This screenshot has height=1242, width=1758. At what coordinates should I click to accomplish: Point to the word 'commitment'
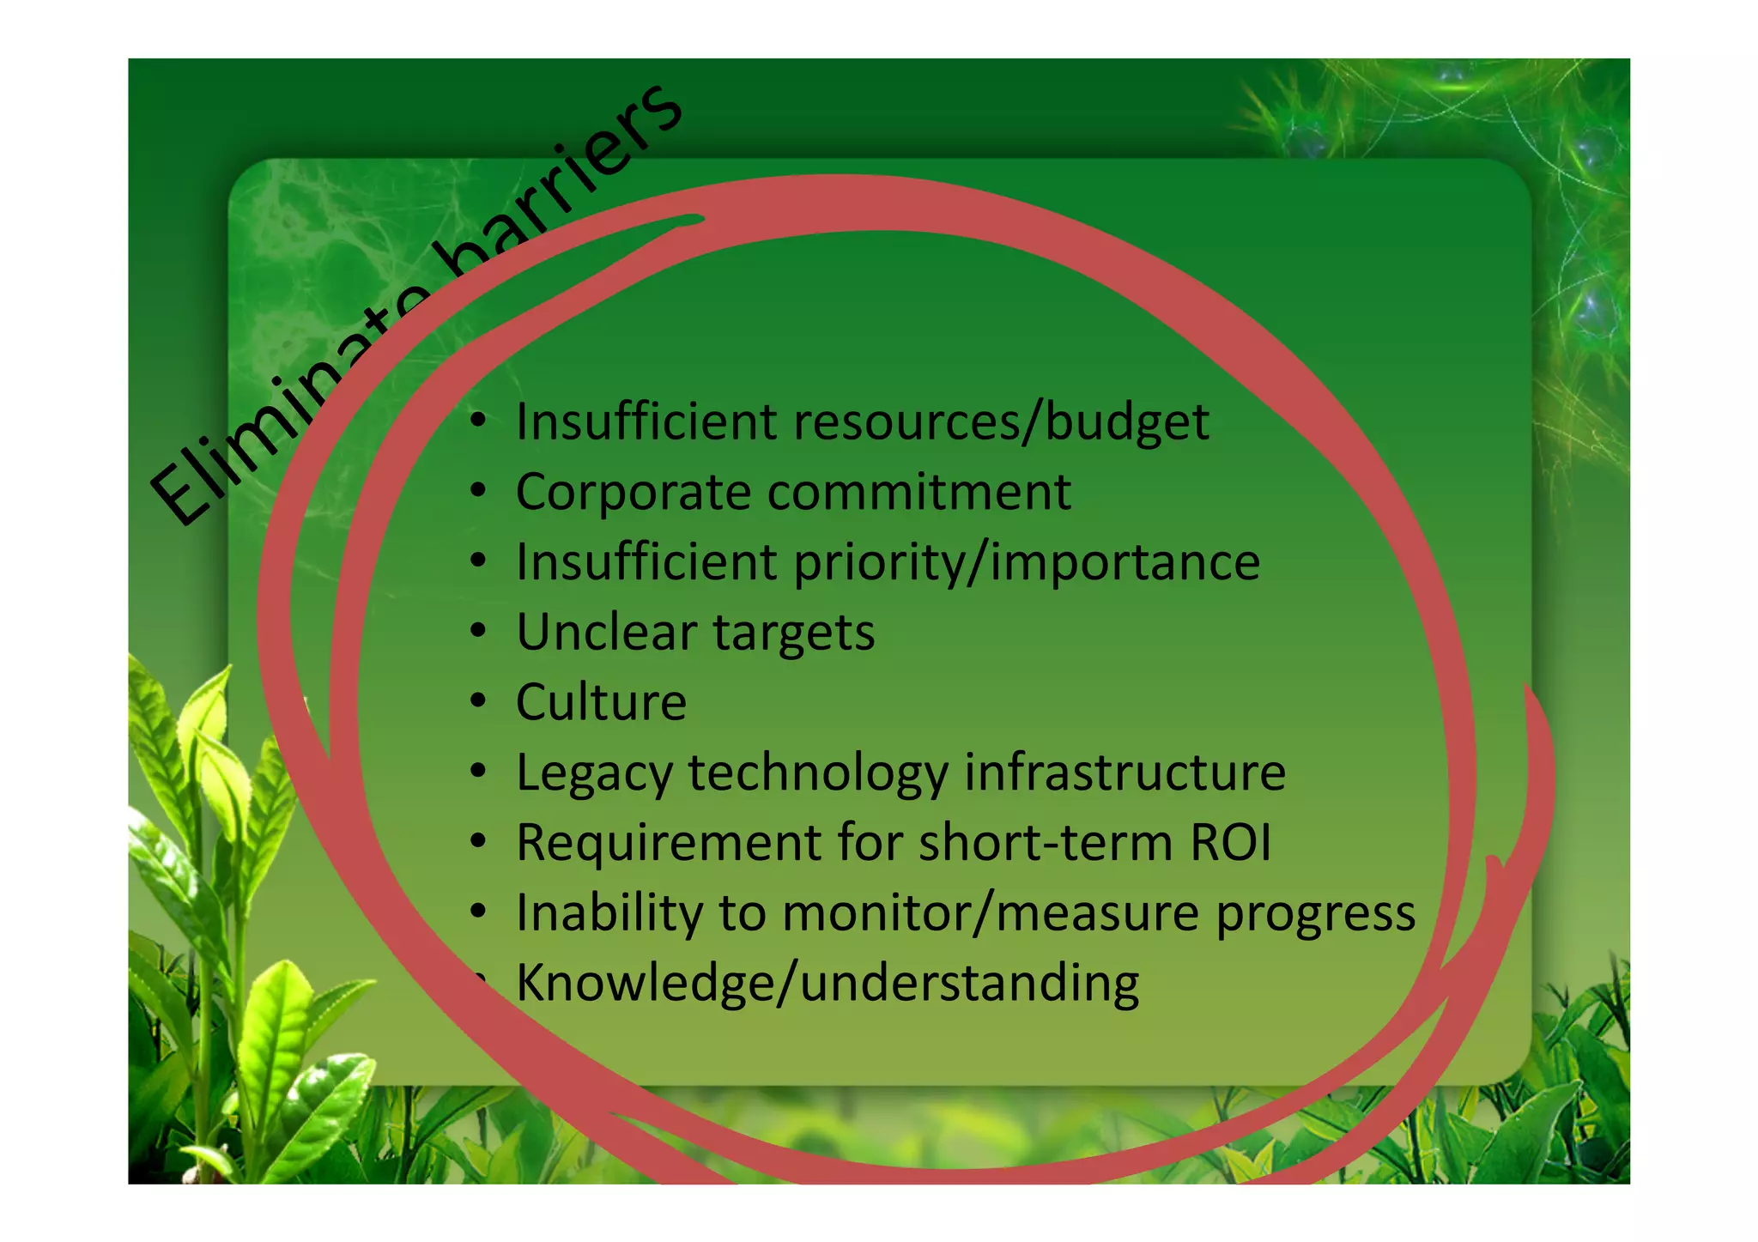pyautogui.click(x=918, y=493)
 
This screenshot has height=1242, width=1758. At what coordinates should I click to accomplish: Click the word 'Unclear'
pyautogui.click(x=606, y=633)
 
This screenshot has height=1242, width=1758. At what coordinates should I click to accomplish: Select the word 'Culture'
pyautogui.click(x=601, y=702)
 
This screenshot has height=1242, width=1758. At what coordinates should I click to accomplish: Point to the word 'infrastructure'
pyautogui.click(x=1125, y=772)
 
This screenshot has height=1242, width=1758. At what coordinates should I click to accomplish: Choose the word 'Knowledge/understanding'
pyautogui.click(x=827, y=984)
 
